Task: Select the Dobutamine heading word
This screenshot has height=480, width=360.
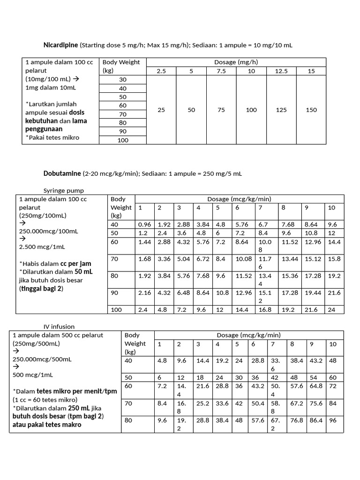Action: coord(62,173)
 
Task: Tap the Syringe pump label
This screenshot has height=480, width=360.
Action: coord(63,191)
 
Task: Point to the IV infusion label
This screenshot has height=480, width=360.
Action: coord(59,326)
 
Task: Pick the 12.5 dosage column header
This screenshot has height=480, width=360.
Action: coord(281,71)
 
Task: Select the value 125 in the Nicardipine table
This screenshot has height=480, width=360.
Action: coord(281,110)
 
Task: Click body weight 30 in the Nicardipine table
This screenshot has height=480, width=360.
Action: coord(123,80)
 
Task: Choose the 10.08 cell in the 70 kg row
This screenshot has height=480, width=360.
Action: coord(244,259)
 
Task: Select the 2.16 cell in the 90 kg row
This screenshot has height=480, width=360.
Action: coord(144,292)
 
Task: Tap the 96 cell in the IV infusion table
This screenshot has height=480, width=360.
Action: coord(333,420)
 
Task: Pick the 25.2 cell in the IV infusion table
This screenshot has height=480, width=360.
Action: coord(202,403)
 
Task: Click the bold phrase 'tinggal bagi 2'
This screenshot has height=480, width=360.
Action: coord(41,289)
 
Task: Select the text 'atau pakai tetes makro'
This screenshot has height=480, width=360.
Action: coord(47,425)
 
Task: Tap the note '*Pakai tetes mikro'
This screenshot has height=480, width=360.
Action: coord(52,137)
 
